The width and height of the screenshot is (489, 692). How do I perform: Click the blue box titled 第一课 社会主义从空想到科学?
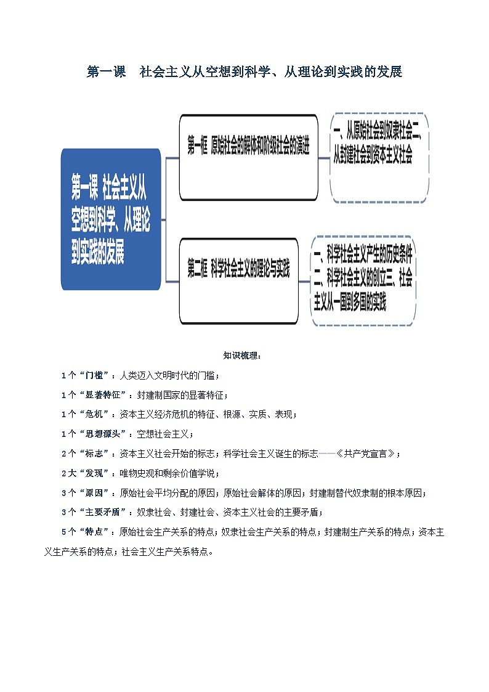point(111,219)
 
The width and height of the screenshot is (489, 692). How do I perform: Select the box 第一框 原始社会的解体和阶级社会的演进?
point(248,157)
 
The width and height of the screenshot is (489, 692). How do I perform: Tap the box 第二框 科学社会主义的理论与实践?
point(238,281)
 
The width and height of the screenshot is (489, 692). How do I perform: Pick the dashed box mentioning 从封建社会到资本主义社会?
point(379,157)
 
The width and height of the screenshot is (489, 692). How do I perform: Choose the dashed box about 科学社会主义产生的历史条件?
point(363,281)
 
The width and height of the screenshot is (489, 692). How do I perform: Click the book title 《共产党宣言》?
point(367,454)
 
